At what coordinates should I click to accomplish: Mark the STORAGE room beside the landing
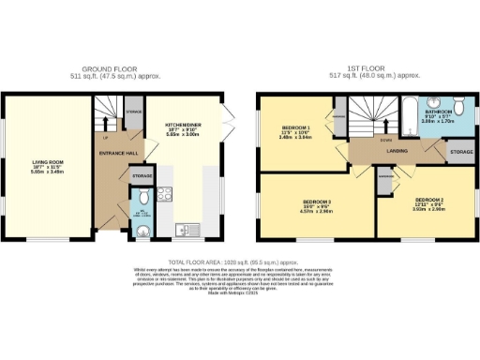coord(459,150)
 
